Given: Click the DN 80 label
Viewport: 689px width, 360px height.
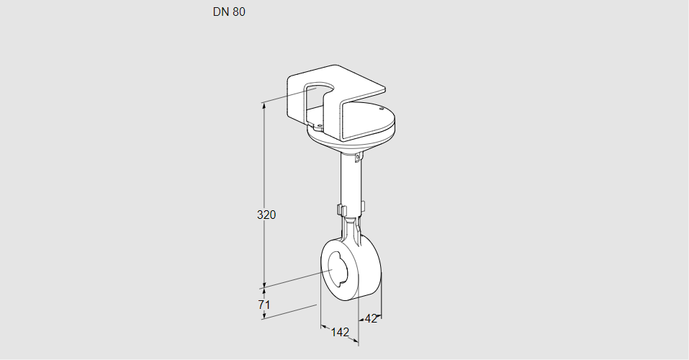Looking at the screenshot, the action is pyautogui.click(x=229, y=12).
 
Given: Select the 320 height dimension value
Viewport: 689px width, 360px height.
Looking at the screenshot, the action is pyautogui.click(x=266, y=215).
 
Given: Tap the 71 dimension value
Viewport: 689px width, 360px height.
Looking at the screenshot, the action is pyautogui.click(x=264, y=304).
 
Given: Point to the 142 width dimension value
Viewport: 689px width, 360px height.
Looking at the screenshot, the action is pyautogui.click(x=340, y=332).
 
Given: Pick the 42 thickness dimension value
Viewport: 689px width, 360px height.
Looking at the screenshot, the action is pyautogui.click(x=371, y=319).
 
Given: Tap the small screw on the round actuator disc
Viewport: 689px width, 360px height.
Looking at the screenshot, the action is pyautogui.click(x=382, y=108).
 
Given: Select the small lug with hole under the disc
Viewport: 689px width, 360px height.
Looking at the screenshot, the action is pyautogui.click(x=358, y=156).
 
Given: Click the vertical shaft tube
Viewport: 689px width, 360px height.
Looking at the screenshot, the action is pyautogui.click(x=351, y=184).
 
